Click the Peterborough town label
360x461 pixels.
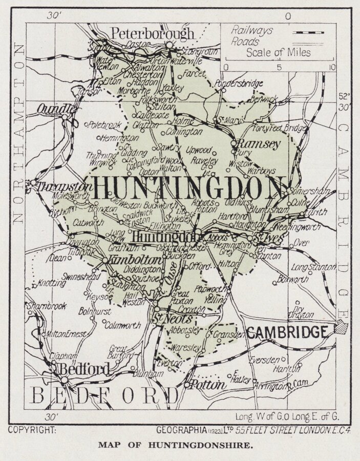click(153, 34)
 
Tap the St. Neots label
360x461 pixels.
click(165, 319)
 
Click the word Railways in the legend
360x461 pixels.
click(251, 30)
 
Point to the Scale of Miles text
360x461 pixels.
click(278, 52)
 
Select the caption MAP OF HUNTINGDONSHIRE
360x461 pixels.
click(176, 446)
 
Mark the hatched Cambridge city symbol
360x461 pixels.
click(341, 327)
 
